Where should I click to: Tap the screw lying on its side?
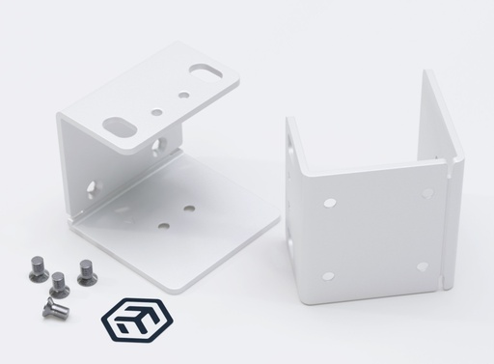click(54, 308)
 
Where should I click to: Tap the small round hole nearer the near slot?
click(156, 112)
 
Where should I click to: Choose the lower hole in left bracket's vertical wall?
click(94, 185)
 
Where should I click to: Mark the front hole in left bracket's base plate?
click(163, 227)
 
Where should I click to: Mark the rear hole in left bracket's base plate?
click(189, 208)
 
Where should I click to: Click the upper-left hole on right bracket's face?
click(330, 203)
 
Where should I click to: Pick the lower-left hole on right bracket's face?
click(328, 276)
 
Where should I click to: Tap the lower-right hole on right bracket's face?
click(422, 266)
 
